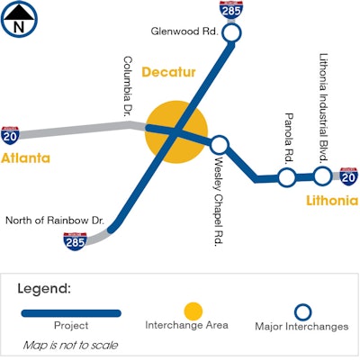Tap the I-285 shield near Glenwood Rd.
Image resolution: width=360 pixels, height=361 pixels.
coord(231,11)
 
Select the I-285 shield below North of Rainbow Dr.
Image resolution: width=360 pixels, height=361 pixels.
coord(75,240)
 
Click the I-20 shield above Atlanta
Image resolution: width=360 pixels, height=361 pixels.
coord(11,135)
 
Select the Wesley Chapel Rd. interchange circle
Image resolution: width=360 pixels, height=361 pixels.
coord(220,144)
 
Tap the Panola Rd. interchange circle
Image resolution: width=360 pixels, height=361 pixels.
coord(286,177)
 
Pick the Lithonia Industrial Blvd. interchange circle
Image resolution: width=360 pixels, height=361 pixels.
coord(322,175)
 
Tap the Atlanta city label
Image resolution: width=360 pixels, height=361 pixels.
coord(25,158)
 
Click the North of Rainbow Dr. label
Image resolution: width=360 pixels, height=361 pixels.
coord(55,220)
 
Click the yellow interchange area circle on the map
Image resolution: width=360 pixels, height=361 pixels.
coord(176,132)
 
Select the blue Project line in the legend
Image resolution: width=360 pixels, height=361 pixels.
coord(72,312)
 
